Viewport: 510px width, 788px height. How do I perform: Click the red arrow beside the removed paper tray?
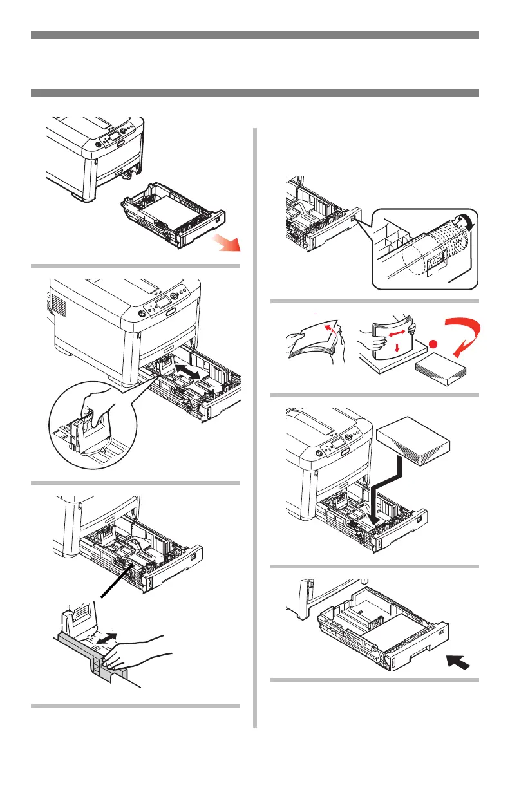point(227,243)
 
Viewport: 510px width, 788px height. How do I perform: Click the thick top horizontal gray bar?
point(255,35)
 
